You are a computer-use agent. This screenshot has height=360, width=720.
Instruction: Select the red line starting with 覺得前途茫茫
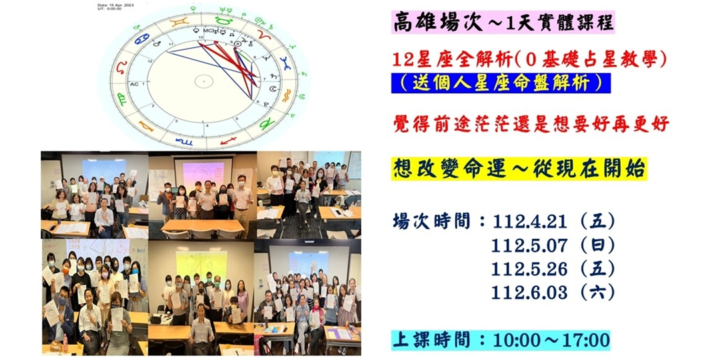click(x=531, y=125)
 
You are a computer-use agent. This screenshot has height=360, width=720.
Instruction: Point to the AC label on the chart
click(x=134, y=85)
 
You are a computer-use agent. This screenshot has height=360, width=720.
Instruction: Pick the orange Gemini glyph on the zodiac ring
click(x=178, y=22)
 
